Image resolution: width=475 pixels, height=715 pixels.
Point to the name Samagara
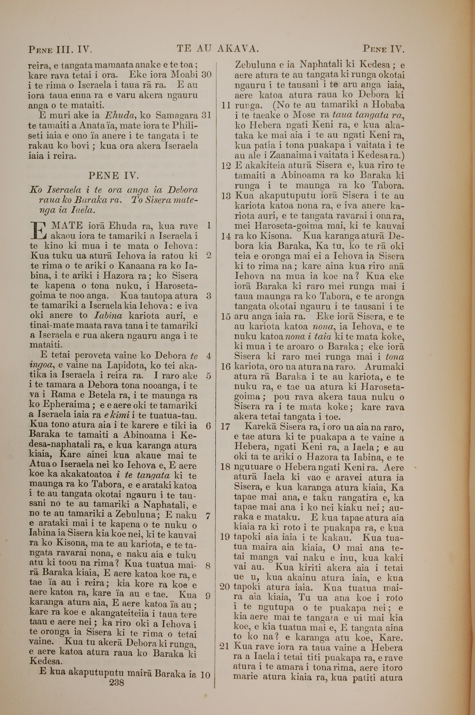pyautogui.click(x=177, y=116)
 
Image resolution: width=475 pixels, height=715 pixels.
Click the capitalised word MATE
pyautogui.click(x=67, y=226)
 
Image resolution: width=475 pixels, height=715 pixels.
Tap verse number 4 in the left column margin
pyautogui.click(x=209, y=356)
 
